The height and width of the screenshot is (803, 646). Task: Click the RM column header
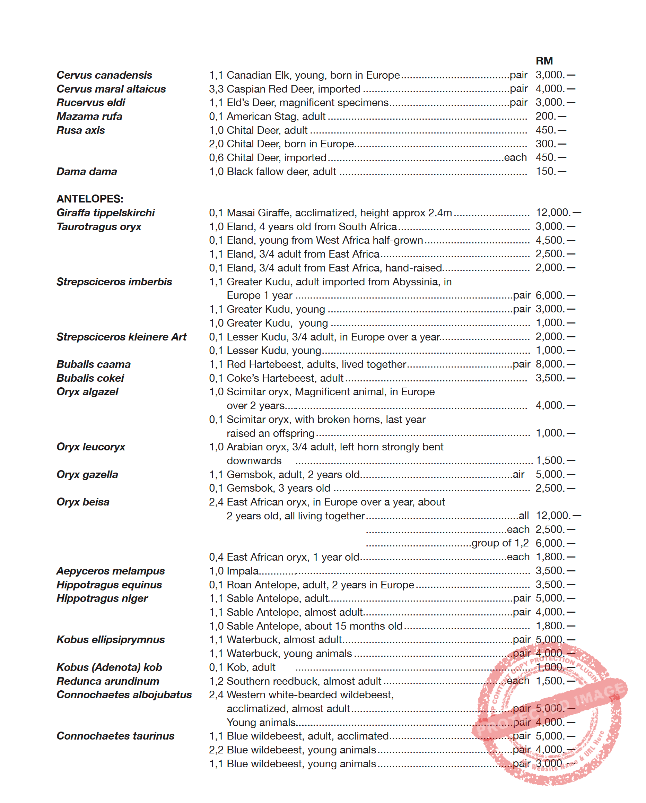point(544,61)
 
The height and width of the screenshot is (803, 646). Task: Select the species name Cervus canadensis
point(104,75)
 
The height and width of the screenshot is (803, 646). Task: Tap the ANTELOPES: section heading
point(90,199)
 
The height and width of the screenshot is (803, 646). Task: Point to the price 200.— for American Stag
point(550,116)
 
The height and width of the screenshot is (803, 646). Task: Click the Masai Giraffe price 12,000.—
point(557,213)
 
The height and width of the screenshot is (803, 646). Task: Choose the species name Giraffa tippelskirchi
point(105,213)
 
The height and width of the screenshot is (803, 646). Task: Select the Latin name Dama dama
point(87,172)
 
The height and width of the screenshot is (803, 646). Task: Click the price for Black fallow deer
point(550,171)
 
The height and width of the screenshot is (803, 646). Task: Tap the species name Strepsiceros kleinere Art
point(121,337)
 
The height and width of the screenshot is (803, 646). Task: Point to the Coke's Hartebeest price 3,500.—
point(555,378)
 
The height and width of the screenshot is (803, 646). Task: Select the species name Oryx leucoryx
point(91,447)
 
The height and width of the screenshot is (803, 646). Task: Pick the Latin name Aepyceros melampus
point(111,571)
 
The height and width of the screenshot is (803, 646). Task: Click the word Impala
point(242,571)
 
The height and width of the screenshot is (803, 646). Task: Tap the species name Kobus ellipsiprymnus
point(111,640)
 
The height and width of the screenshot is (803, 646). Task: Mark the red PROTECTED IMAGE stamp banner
point(550,708)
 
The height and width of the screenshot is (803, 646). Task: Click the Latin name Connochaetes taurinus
point(115,736)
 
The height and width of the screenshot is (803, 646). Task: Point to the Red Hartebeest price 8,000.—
point(555,364)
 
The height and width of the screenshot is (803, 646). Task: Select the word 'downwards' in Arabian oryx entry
point(254,461)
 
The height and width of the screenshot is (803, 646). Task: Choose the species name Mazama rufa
point(89,116)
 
